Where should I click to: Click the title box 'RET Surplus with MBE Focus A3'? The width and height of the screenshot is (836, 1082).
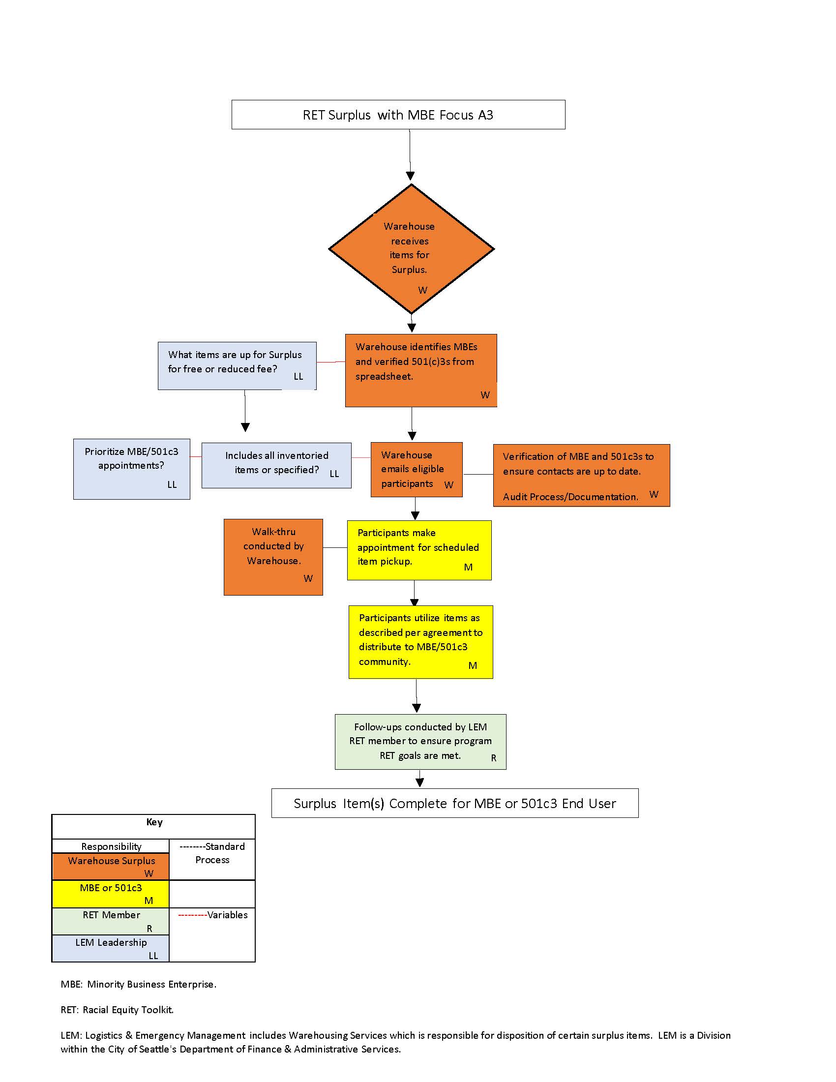coord(398,115)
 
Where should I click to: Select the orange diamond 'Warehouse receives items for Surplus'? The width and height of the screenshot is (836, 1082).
coord(411,249)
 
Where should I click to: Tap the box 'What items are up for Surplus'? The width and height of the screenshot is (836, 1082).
coord(237,365)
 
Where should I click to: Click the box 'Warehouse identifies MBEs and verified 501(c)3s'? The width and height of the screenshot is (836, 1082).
coord(421,370)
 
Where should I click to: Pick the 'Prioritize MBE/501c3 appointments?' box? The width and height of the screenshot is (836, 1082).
coord(132,469)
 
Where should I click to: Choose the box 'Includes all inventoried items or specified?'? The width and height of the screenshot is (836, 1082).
coord(276,465)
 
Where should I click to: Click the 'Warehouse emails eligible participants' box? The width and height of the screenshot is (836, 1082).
coord(417,469)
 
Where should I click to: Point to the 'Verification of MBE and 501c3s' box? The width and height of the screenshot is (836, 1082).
coord(581,475)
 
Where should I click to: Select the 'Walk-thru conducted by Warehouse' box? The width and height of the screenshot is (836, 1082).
coord(273,557)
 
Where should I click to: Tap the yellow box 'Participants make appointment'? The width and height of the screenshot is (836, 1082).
coord(419,550)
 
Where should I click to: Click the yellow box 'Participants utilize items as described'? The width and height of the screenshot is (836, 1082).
coord(420,641)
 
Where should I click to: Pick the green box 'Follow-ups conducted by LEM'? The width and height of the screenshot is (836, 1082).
coord(420,742)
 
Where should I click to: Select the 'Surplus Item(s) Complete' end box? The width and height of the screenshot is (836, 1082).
coord(455,803)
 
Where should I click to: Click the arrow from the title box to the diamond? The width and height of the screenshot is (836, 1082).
coord(410,154)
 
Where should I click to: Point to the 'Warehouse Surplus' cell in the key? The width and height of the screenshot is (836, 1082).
coord(111,867)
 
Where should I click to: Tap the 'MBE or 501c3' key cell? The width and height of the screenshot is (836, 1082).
coord(111,894)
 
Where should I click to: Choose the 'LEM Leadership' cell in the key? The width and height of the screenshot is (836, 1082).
coord(111,948)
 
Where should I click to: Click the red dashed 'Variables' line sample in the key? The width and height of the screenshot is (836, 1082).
coord(192,915)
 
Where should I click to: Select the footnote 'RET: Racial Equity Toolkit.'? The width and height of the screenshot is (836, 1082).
coord(118,1010)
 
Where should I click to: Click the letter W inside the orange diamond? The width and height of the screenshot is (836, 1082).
coord(422,290)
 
